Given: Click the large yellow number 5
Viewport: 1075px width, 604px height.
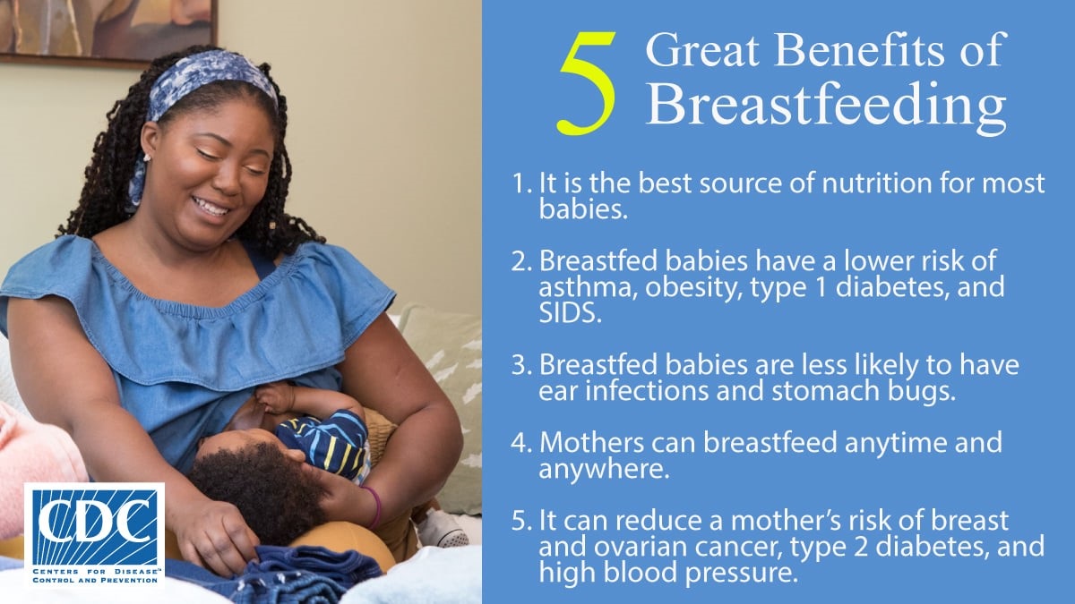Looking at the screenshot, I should [588, 84].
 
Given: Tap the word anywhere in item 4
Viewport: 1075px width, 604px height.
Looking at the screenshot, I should [604, 469].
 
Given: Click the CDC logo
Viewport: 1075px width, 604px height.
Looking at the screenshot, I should [94, 535].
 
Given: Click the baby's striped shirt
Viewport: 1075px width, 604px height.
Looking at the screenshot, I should [324, 438].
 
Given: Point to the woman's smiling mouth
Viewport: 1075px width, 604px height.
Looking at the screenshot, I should [211, 207].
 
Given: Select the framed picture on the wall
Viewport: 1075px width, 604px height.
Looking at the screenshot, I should [107, 27].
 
